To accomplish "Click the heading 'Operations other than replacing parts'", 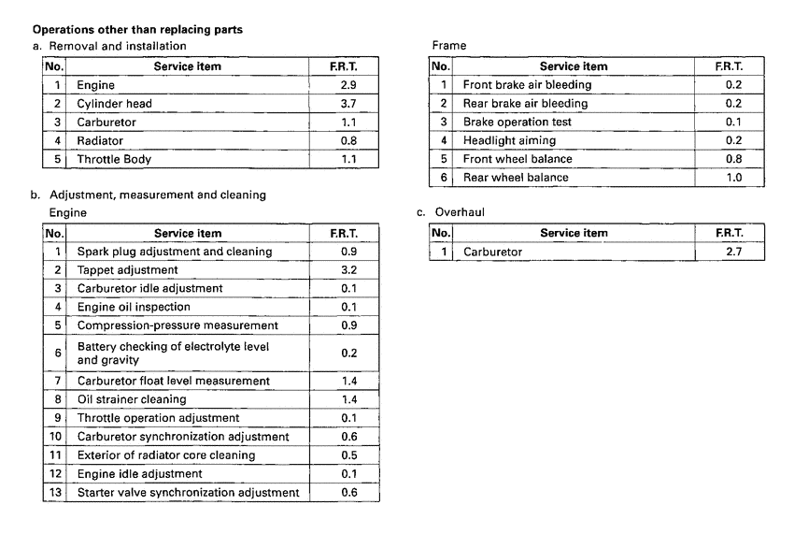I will click(x=137, y=29).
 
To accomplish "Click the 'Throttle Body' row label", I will click(x=114, y=159).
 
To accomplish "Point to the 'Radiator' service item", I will click(x=100, y=140).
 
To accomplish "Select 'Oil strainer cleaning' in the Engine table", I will click(x=132, y=399).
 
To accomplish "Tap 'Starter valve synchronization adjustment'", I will click(x=188, y=492).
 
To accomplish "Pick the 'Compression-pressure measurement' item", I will click(x=177, y=325).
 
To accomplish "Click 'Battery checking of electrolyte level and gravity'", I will click(x=173, y=353).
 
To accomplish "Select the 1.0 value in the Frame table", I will click(x=733, y=177).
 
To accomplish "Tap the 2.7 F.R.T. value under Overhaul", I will click(x=733, y=252).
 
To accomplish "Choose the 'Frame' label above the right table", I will click(x=448, y=45).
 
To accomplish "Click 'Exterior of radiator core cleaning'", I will click(x=167, y=455).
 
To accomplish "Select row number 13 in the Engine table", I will click(x=55, y=492).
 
